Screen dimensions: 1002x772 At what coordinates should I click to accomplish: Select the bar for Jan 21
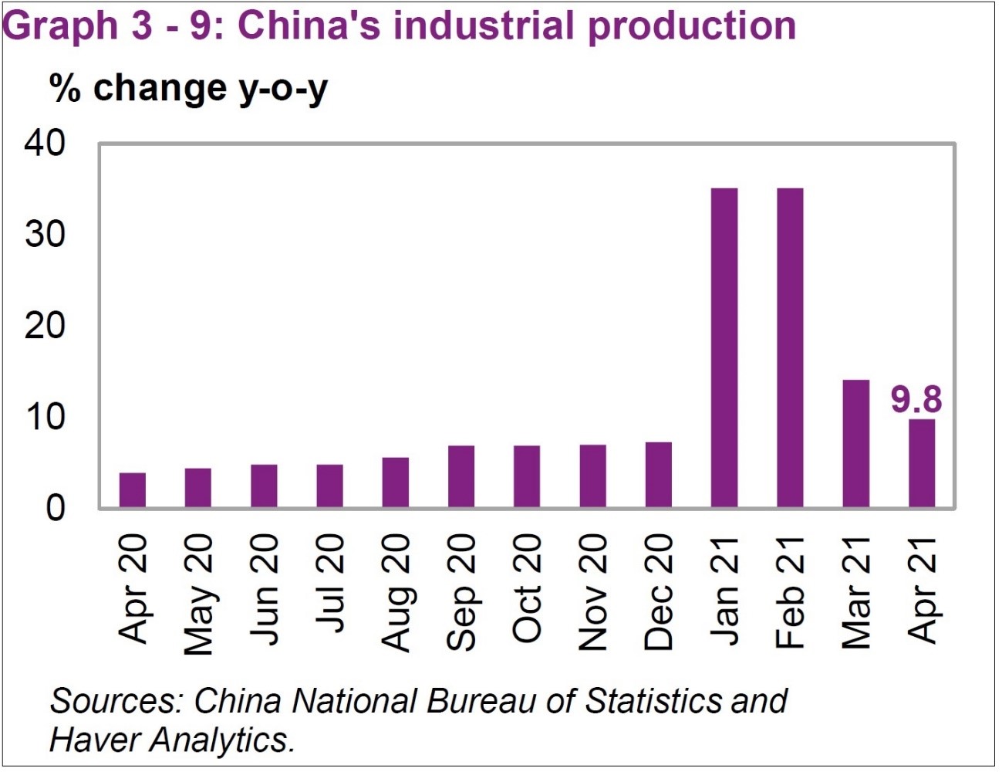pyautogui.click(x=724, y=348)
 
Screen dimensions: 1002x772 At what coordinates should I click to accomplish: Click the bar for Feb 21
pyautogui.click(x=791, y=348)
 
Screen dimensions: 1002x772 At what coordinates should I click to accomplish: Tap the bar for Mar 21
pyautogui.click(x=856, y=444)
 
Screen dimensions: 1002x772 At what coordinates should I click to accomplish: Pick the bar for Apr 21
pyautogui.click(x=923, y=463)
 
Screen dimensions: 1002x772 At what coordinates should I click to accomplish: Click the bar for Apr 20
pyautogui.click(x=133, y=490)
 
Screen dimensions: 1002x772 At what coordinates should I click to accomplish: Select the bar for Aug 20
pyautogui.click(x=396, y=482)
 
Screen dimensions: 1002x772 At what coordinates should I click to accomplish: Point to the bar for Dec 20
pyautogui.click(x=659, y=475)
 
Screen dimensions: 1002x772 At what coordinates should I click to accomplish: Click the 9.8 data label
pyautogui.click(x=916, y=400)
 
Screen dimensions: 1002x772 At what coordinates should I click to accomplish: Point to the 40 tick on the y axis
pyautogui.click(x=45, y=144)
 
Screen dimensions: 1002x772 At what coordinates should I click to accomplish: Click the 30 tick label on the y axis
pyautogui.click(x=45, y=235)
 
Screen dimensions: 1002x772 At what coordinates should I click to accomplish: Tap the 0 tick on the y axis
pyautogui.click(x=56, y=509)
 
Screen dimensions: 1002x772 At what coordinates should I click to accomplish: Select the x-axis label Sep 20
pyautogui.click(x=461, y=592)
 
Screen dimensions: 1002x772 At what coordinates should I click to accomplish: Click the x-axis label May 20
pyautogui.click(x=198, y=594)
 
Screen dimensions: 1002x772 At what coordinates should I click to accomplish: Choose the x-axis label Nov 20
pyautogui.click(x=593, y=592)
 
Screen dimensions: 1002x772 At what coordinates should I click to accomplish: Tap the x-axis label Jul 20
pyautogui.click(x=329, y=584)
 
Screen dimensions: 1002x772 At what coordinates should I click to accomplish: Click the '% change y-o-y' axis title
pyautogui.click(x=188, y=88)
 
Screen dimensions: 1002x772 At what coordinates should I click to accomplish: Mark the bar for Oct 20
pyautogui.click(x=527, y=476)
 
